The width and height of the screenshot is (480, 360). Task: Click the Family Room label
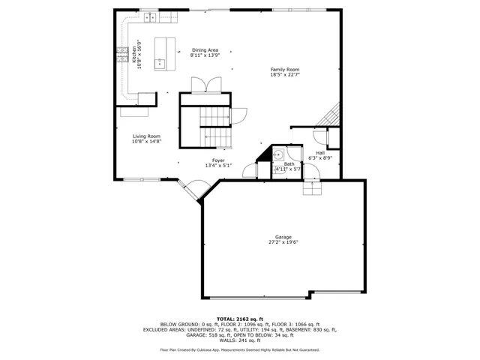pyautogui.click(x=284, y=70)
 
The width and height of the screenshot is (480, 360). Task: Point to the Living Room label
pyautogui.click(x=146, y=136)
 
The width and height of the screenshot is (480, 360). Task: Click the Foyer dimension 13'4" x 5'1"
pyautogui.click(x=218, y=165)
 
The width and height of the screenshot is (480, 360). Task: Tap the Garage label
pyautogui.click(x=283, y=237)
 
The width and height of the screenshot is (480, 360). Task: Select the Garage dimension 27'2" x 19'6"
pyautogui.click(x=283, y=242)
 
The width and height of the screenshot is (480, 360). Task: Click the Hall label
pyautogui.click(x=320, y=153)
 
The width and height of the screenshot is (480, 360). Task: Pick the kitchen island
pyautogui.click(x=164, y=53)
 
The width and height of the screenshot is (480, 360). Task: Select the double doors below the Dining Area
pyautogui.click(x=205, y=85)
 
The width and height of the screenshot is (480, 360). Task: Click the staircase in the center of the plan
pyautogui.click(x=214, y=124)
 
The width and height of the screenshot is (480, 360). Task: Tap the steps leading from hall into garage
pyautogui.click(x=312, y=187)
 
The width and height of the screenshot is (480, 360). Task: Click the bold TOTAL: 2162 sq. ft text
pyautogui.click(x=240, y=319)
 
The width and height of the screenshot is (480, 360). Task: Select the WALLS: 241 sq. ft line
pyautogui.click(x=240, y=340)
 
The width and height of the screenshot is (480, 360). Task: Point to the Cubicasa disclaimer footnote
pyautogui.click(x=240, y=349)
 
